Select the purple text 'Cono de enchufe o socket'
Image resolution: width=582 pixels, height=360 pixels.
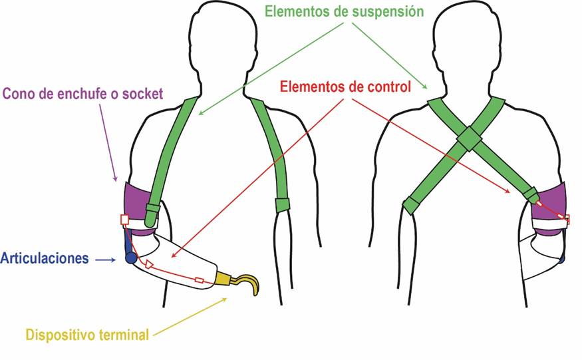click(82, 93)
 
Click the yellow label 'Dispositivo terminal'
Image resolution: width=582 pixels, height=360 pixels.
click(87, 335)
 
